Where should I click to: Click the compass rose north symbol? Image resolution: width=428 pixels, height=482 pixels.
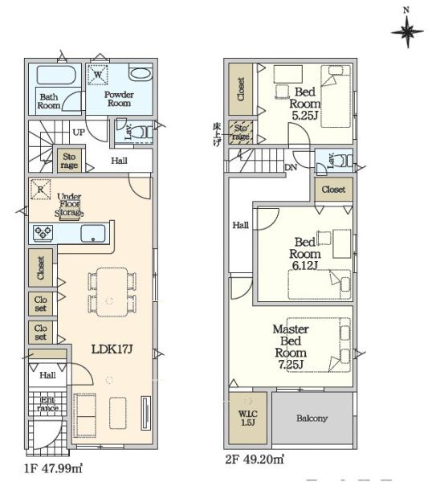pos(407,31)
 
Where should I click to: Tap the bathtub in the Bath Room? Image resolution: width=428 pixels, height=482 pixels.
pos(56,75)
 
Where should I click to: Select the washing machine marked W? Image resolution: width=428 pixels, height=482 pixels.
pos(98,75)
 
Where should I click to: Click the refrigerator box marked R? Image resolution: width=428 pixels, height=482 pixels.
pos(41,190)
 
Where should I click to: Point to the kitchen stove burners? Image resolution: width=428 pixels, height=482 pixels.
pos(43,233)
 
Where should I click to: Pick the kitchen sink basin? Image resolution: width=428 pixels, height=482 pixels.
pos(93,234)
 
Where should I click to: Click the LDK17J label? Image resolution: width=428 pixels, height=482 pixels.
pos(112,349)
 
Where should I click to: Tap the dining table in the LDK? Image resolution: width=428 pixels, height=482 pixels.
pos(112,292)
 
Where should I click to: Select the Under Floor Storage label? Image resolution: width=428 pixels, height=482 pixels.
pos(69,204)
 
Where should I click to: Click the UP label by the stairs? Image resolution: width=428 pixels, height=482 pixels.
pos(79,133)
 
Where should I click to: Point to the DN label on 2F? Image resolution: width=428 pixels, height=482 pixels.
pos(291,168)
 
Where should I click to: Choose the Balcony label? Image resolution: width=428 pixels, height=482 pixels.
pos(312,418)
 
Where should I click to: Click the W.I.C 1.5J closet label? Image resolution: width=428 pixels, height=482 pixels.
pos(248,418)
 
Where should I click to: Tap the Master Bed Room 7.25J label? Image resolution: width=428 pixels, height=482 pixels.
pos(291,347)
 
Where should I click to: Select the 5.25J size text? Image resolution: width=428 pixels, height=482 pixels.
pos(304,116)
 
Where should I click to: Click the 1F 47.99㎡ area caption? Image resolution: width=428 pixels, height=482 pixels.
pos(54,469)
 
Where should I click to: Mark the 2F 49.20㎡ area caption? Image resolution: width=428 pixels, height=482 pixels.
pos(255,460)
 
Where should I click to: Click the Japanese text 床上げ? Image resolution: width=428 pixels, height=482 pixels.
pos(217,135)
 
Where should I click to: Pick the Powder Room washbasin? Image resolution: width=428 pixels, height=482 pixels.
pos(141,74)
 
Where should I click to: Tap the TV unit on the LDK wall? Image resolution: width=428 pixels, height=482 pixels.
pos(146,413)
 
